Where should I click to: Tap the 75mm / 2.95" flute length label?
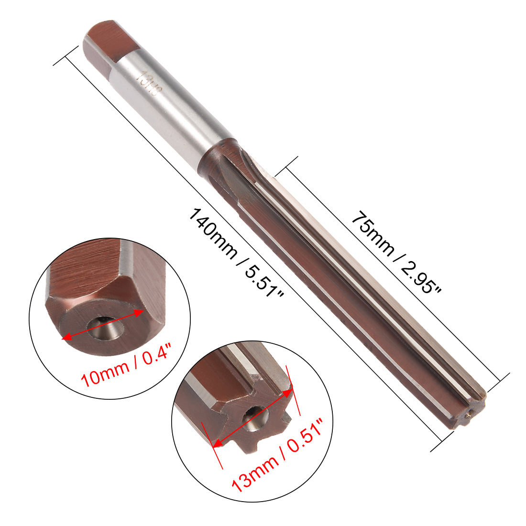tap(396, 251)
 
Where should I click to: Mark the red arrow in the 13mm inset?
tap(252, 419)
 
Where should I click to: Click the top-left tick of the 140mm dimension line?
tap(66, 55)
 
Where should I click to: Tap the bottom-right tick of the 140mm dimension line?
tap(442, 440)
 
